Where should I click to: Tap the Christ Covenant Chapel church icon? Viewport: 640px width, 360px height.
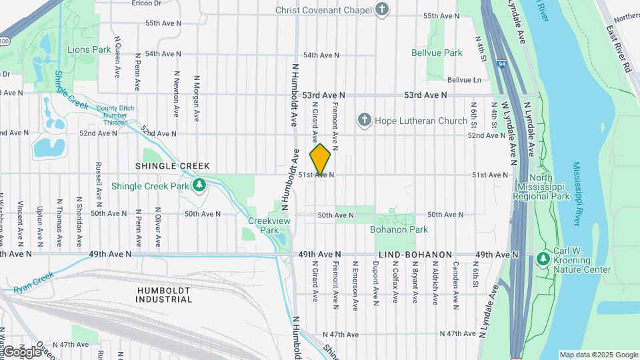point(381,9)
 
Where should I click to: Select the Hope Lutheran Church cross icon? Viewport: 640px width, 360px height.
point(364,121)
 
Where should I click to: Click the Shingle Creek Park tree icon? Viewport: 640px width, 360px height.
point(199,185)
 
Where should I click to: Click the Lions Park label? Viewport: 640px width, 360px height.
point(89,49)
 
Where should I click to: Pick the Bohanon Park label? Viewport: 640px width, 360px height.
point(399,229)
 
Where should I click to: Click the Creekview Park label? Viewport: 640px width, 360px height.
point(263,225)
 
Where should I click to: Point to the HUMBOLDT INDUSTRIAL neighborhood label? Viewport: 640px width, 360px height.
point(164,295)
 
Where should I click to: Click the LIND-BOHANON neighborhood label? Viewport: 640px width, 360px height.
point(415,255)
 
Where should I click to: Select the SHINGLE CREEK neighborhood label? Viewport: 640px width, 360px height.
point(172,166)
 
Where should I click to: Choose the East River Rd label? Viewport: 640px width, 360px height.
point(618,50)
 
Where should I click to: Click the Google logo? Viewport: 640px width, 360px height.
point(21,351)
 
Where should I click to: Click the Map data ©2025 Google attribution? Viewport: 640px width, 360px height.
point(598,355)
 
